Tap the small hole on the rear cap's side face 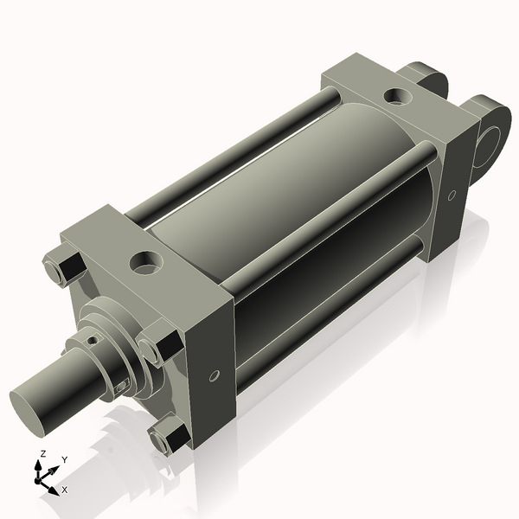pos(451,195)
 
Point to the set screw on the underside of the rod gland pos(123,386)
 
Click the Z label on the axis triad pos(42,453)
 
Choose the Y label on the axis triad pos(64,459)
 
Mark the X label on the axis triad pos(65,490)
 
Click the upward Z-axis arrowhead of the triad pos(37,465)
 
